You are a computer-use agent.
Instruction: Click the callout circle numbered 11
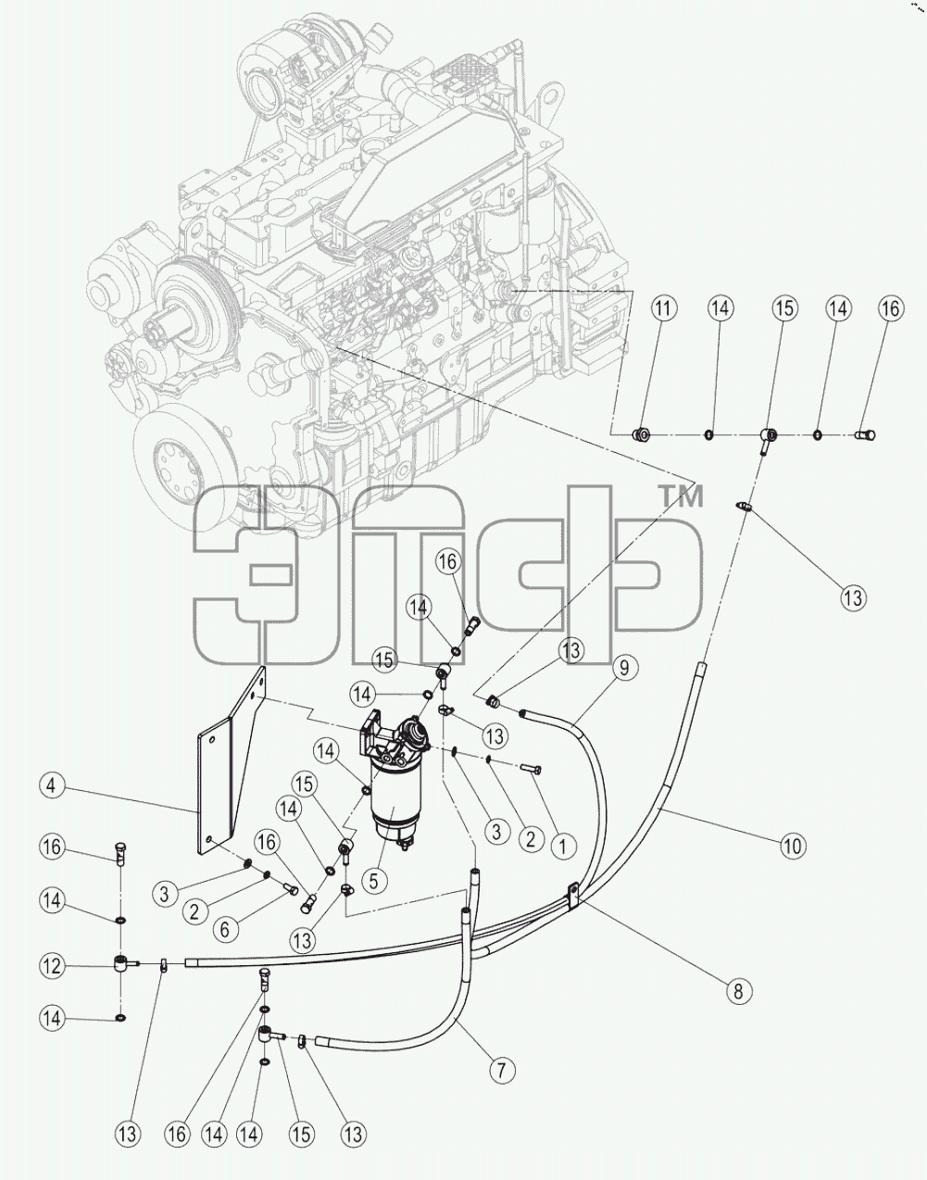662,308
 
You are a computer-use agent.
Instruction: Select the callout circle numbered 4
52,785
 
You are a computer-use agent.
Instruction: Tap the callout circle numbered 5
373,880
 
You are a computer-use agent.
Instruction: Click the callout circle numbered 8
738,991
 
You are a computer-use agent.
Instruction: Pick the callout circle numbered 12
53,965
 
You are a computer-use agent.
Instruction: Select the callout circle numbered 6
225,929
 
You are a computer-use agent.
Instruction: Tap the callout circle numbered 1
563,846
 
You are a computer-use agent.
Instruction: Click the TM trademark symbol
681,496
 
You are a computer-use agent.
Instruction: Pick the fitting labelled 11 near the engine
642,433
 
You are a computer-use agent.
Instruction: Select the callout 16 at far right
890,308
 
